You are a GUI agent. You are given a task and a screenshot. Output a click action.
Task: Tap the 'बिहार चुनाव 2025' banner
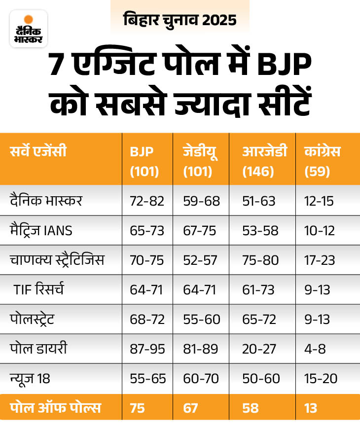[180, 20]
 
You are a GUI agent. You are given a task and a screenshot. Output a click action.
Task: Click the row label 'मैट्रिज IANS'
[40, 230]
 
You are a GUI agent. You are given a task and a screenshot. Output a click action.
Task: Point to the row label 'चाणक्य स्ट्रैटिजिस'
[57, 260]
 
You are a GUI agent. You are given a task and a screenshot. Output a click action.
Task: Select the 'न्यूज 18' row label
[30, 379]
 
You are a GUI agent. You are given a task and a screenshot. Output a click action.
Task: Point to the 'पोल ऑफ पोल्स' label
[55, 408]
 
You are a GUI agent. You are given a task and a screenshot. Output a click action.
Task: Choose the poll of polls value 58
[252, 408]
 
